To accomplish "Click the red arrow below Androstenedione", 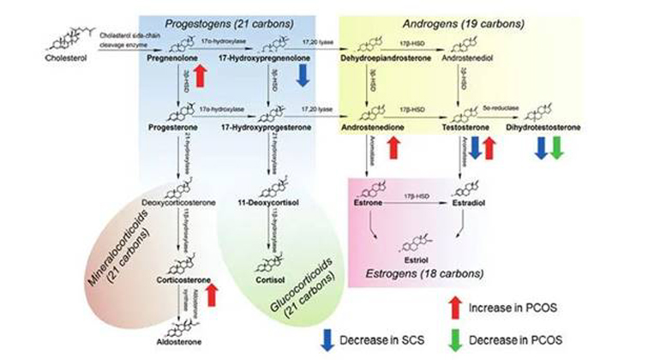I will click(393, 147).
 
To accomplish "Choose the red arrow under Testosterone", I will click(489, 147).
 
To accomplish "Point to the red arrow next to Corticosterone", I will click(212, 296).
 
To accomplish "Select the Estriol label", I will click(416, 255).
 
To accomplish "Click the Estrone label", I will click(369, 205).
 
